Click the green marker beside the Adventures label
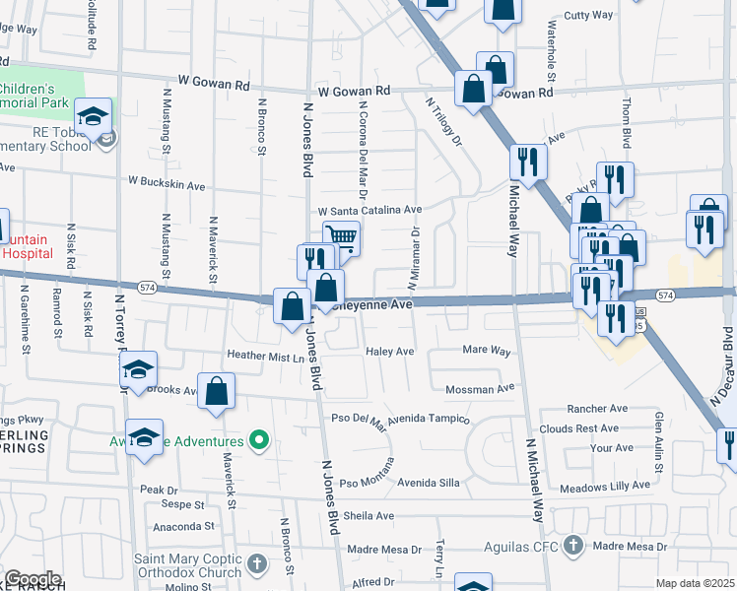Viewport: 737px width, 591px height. [x=259, y=439]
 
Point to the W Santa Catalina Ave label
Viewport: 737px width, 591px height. [x=369, y=210]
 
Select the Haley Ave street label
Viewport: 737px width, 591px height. [x=390, y=351]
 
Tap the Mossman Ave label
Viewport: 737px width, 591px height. [x=481, y=388]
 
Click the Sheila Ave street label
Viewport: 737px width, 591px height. [x=368, y=515]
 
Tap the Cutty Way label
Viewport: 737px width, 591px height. [x=588, y=16]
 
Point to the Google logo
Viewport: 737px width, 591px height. [x=33, y=579]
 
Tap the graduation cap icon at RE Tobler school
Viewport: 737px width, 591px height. [x=93, y=117]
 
